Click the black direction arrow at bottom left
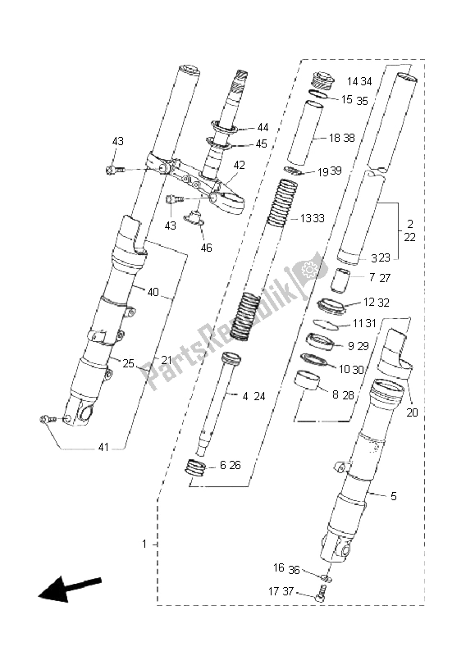[x=69, y=588]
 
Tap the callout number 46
[x=206, y=248]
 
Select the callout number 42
[x=239, y=166]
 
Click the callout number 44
[x=263, y=127]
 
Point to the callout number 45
[x=261, y=143]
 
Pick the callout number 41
[x=103, y=447]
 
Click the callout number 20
[x=412, y=412]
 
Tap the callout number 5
[x=394, y=496]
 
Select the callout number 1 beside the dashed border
[x=144, y=544]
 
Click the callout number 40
[x=153, y=292]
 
